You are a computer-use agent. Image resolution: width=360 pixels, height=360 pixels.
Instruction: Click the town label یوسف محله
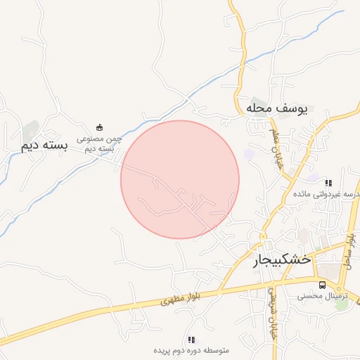pos(277,109)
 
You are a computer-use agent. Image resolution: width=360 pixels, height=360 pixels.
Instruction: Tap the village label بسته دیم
pos(44,146)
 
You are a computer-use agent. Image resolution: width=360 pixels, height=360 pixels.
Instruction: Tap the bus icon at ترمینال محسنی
pos(322,285)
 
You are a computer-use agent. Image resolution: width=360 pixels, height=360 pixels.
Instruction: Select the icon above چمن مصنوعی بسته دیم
pos(100,127)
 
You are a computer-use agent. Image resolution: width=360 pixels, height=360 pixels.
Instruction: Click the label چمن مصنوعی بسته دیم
pos(100,144)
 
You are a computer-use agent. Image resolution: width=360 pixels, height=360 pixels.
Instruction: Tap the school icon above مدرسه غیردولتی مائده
pos(328,183)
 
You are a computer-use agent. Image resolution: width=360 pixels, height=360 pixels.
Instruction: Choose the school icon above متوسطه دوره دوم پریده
pos(191,340)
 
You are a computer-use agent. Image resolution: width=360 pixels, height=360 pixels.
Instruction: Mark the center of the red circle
pos(180,179)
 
